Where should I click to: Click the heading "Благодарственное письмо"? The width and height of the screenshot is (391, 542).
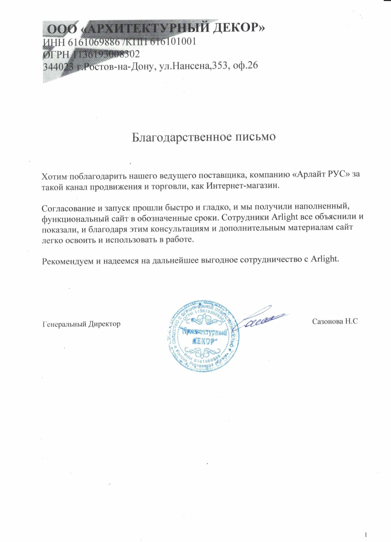click(x=203, y=137)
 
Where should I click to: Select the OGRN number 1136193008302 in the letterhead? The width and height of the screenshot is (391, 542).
click(x=106, y=54)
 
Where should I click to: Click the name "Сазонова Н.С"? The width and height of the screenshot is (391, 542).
click(x=335, y=321)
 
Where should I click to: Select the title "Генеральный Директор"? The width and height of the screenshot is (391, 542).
click(x=81, y=324)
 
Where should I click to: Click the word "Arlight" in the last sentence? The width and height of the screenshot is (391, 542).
click(x=324, y=259)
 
